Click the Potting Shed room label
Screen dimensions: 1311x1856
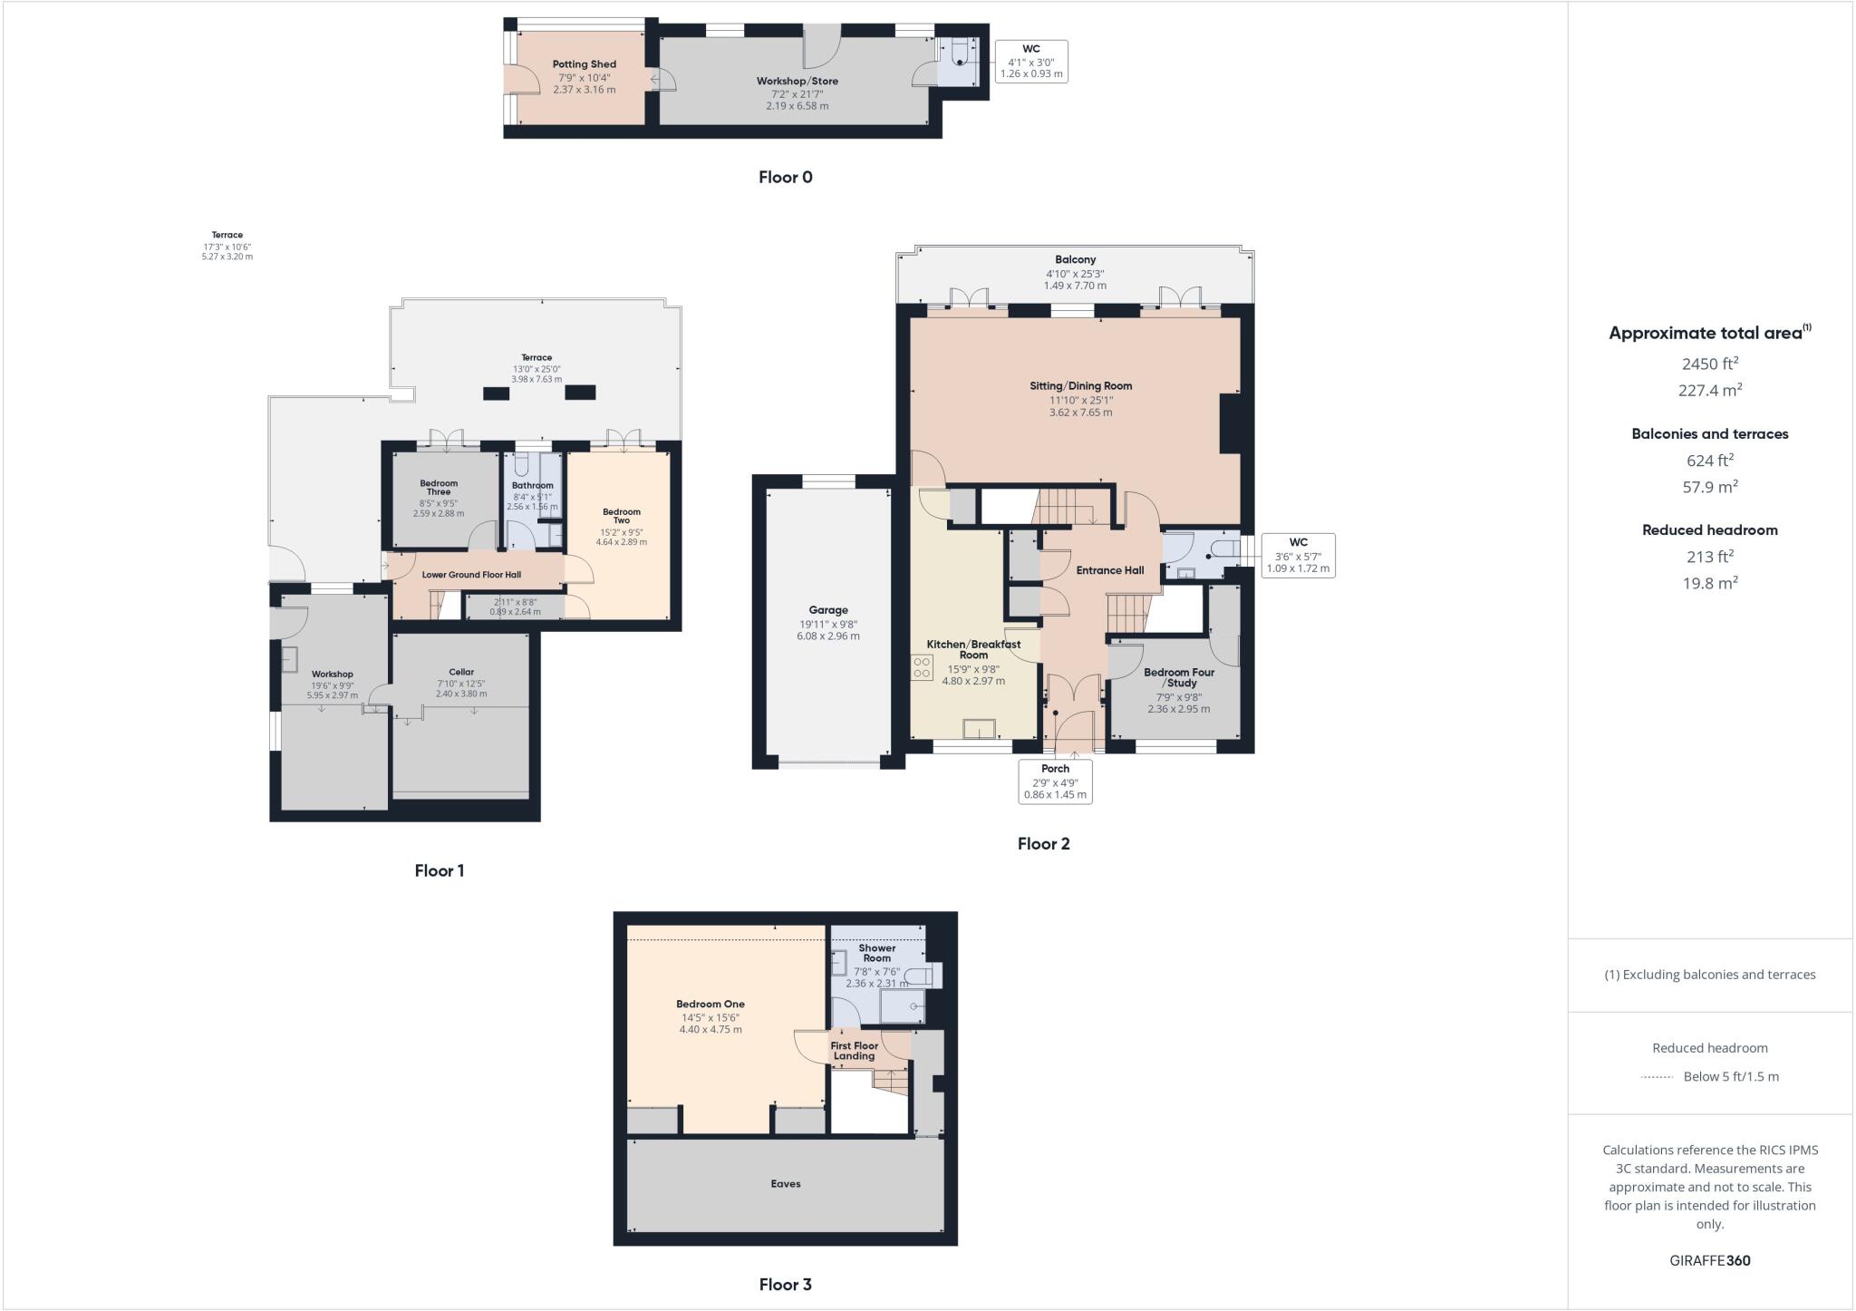click(x=584, y=64)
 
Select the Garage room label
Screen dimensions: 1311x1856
click(x=827, y=610)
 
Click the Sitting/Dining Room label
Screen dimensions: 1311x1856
click(x=1080, y=385)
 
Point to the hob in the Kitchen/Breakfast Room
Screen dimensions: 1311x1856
click(x=923, y=668)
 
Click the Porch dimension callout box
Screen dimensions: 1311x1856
click(x=1055, y=781)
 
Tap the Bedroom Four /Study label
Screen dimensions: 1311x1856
click(x=1178, y=677)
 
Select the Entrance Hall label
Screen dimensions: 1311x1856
click(x=1109, y=570)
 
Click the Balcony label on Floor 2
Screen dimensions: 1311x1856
click(x=1075, y=259)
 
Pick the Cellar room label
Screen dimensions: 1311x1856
click(x=461, y=672)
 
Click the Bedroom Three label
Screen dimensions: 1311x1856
click(x=439, y=488)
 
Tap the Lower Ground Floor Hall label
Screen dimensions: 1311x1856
click(x=471, y=575)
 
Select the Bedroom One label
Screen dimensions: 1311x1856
click(x=710, y=1004)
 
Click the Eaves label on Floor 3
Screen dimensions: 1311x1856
click(x=785, y=1183)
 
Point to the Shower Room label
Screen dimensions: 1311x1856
click(x=876, y=953)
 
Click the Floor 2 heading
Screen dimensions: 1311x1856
click(x=1043, y=844)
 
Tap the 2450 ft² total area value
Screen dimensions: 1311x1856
click(x=1709, y=364)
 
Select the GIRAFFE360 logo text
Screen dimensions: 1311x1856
click(x=1709, y=1260)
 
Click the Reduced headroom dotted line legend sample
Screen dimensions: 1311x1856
click(x=1656, y=1077)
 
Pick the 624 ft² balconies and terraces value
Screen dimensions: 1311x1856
click(x=1709, y=460)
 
